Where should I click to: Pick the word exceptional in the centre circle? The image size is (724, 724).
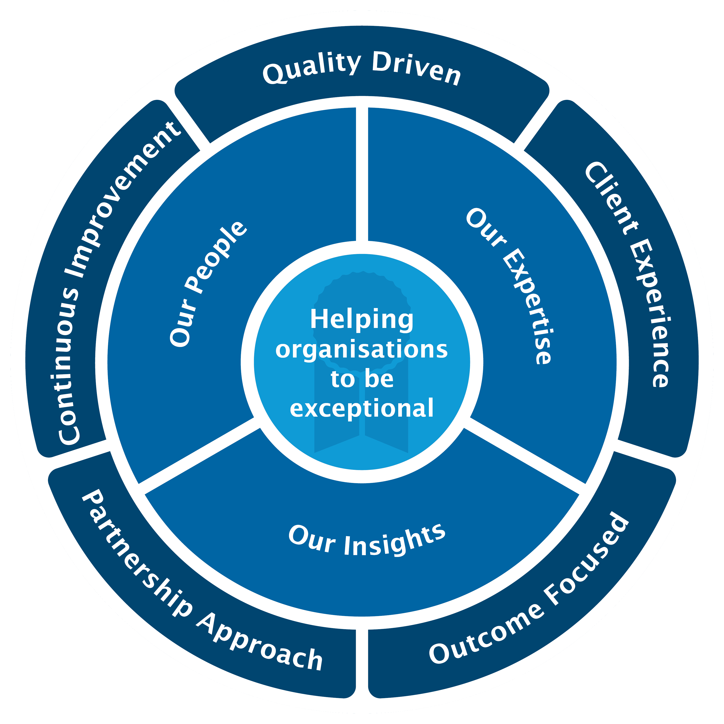coord(362,409)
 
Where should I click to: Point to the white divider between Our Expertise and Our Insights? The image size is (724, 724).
coord(525,455)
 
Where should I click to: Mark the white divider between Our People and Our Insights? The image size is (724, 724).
coord(199,455)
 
